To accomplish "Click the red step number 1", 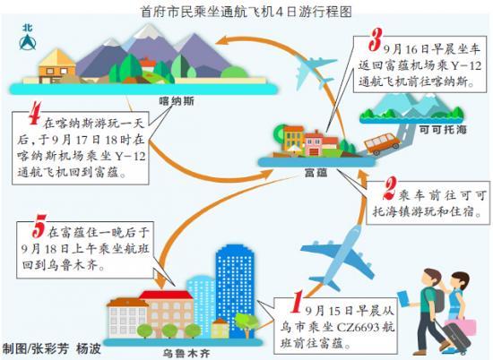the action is (x=297, y=302).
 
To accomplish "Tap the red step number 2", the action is (x=390, y=188).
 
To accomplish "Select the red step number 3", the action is (x=376, y=40).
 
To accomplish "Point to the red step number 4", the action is (x=35, y=113).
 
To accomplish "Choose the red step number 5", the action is (x=39, y=226).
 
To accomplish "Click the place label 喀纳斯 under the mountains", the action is (x=177, y=101).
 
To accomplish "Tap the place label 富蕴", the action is (x=316, y=173).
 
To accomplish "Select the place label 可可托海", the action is (x=443, y=130).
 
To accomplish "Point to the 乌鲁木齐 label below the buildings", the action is (x=186, y=354).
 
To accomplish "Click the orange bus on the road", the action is (x=382, y=143).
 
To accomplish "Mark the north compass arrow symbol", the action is (x=28, y=39).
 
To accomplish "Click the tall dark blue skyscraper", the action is (x=234, y=290).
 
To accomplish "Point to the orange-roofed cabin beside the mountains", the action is (x=56, y=66).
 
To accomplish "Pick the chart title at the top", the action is (x=246, y=12).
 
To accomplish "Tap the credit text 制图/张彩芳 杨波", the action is (x=52, y=348).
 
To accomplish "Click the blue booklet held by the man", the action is (x=403, y=299).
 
